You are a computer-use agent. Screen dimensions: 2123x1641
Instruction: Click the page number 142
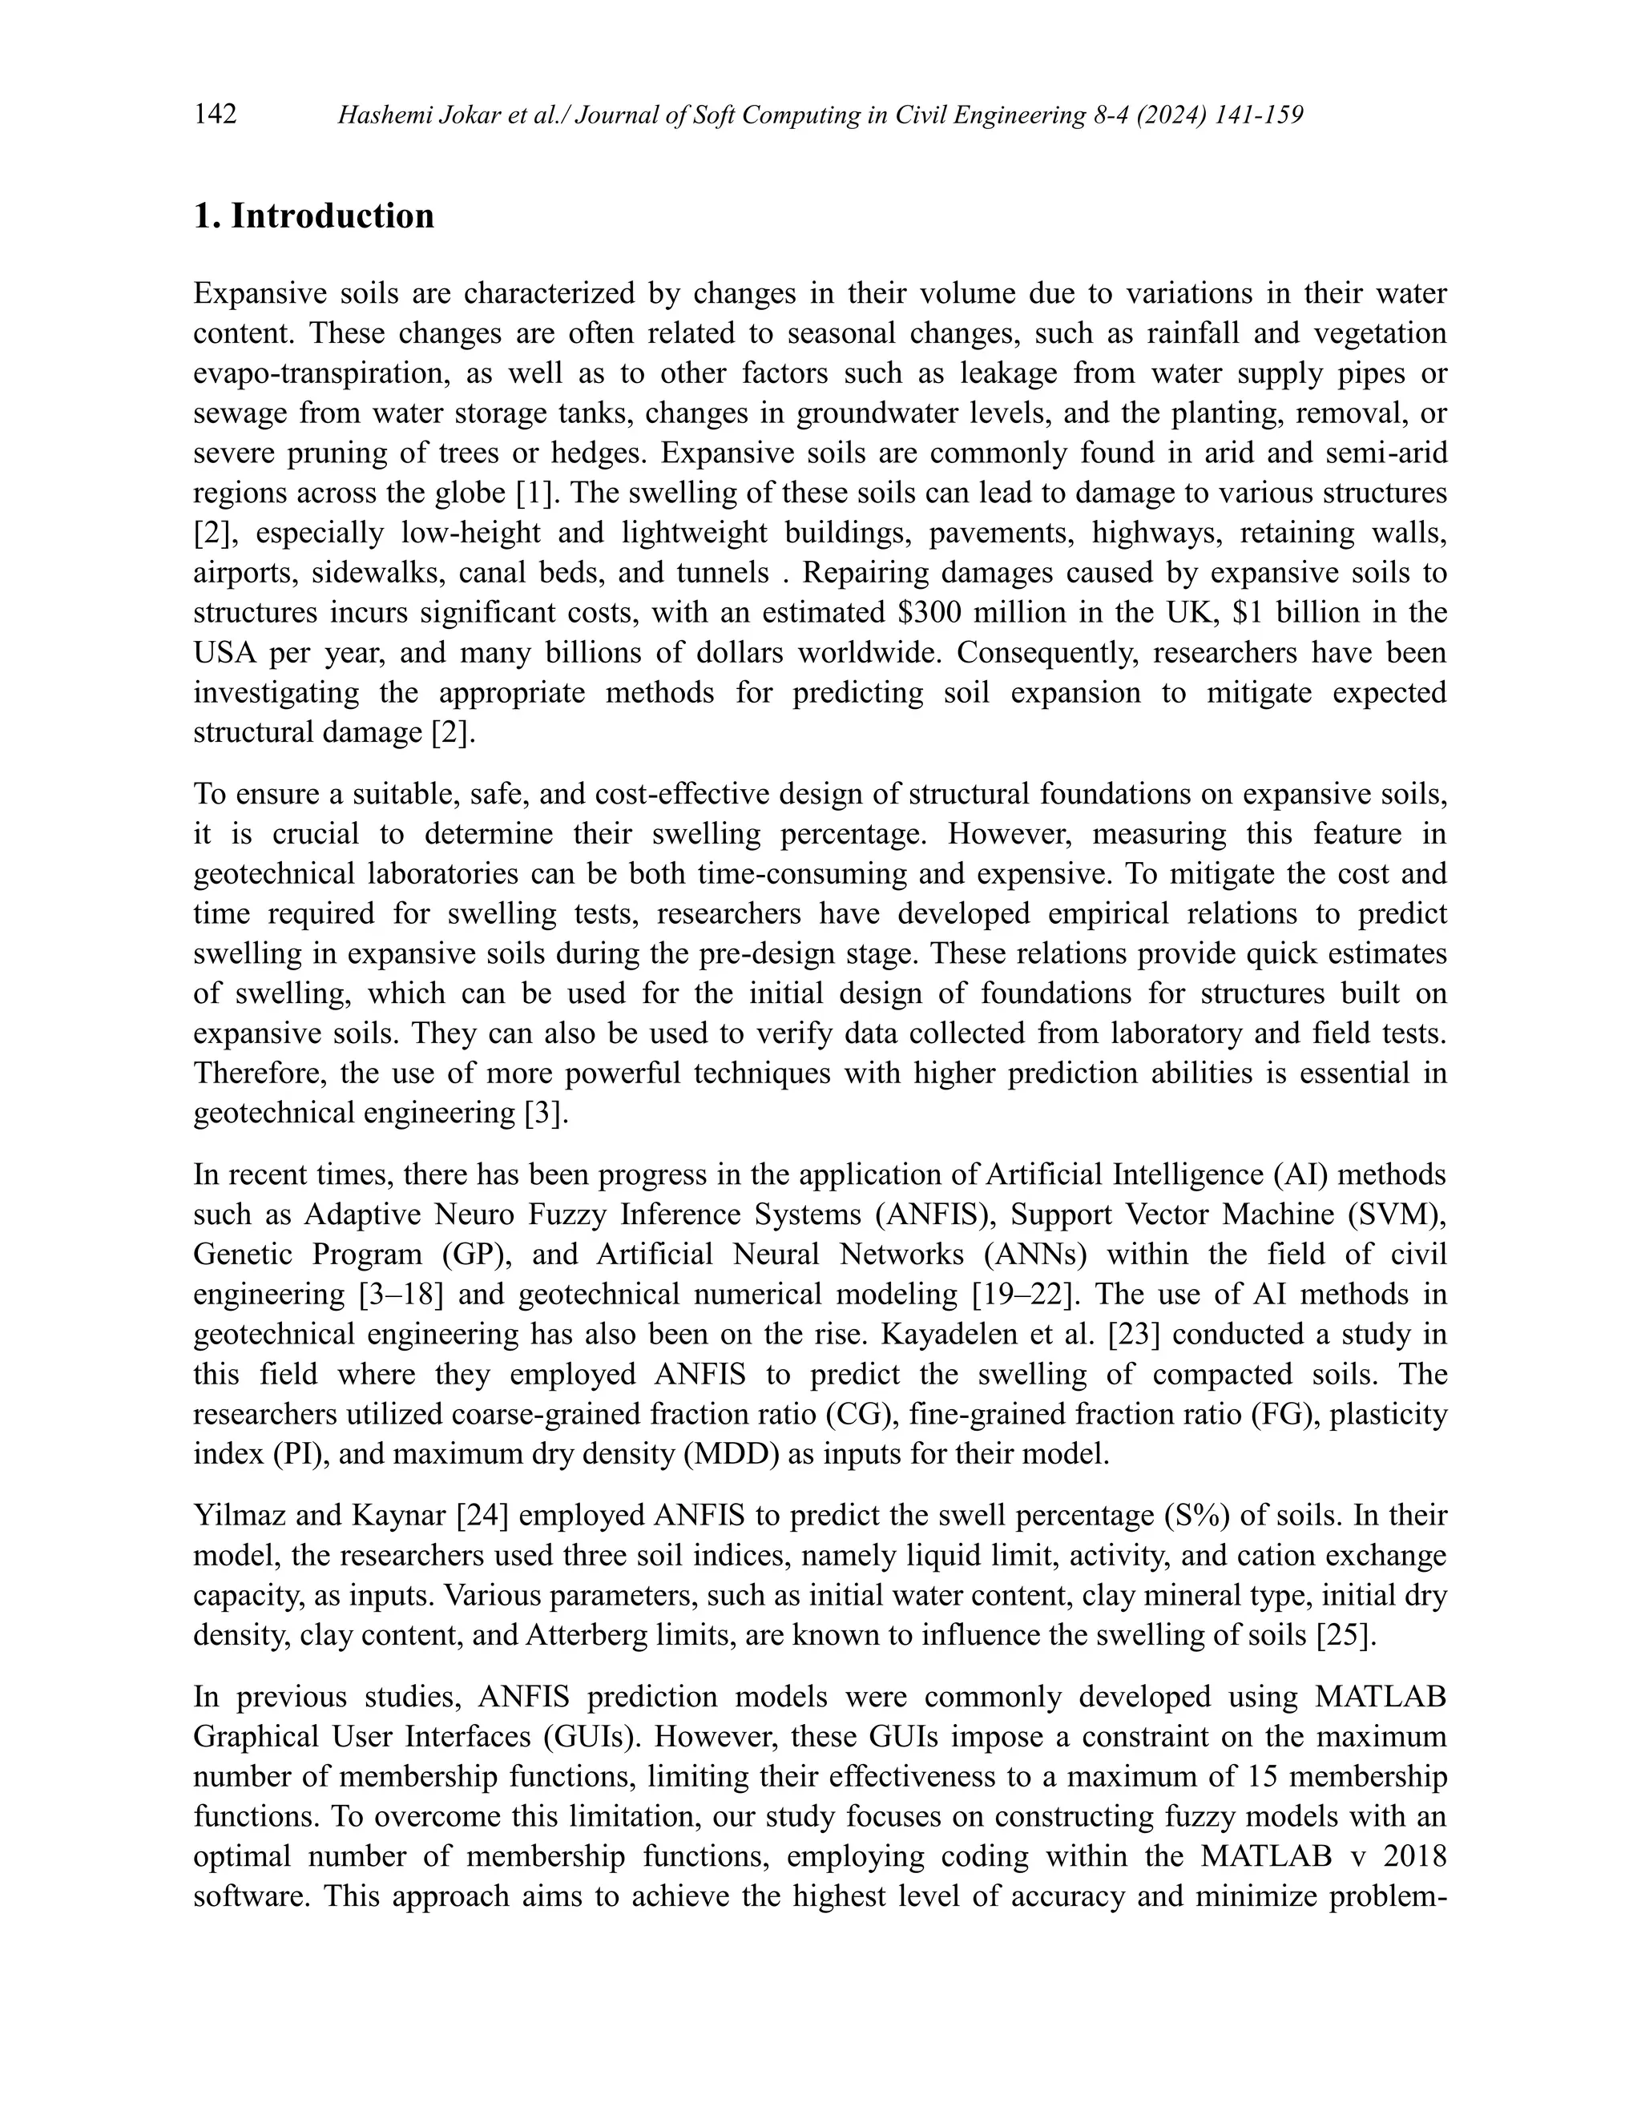point(215,115)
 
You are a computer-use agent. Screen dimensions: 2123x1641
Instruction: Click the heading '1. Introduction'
point(313,216)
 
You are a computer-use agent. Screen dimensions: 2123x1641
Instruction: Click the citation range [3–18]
point(396,1294)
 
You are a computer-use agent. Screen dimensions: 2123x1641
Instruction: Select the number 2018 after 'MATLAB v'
point(1413,1855)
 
